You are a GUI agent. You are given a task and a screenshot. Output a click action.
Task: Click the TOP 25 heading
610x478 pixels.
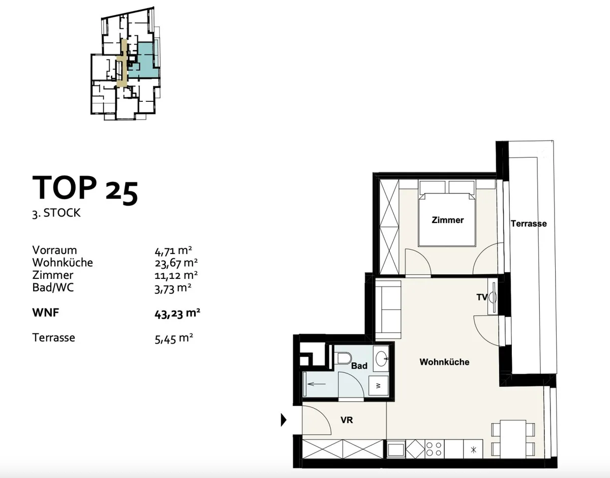(x=85, y=189)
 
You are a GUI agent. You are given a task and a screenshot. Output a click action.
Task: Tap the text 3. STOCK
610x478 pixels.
(x=56, y=213)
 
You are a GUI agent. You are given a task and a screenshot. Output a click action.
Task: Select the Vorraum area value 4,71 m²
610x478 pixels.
(x=173, y=250)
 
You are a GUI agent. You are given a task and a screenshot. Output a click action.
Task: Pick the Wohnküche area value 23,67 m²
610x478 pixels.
(x=176, y=263)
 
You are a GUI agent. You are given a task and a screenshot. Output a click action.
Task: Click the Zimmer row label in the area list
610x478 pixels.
(x=53, y=275)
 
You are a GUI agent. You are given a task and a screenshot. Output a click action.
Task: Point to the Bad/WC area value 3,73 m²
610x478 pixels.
(x=173, y=288)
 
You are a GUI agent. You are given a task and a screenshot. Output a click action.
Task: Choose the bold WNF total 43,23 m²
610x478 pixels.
(x=177, y=313)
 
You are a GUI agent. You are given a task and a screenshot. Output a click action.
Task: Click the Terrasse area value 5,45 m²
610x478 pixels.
(x=174, y=339)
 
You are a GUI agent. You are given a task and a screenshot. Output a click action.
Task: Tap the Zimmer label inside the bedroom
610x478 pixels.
(x=447, y=220)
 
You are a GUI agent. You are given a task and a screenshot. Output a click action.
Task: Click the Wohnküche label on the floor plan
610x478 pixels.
(x=444, y=362)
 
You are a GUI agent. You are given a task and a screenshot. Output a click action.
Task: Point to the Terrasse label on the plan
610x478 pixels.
(x=529, y=223)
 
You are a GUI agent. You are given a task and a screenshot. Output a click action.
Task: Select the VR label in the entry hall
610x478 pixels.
(x=347, y=420)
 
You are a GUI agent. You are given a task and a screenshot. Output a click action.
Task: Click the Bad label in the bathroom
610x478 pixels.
(x=359, y=365)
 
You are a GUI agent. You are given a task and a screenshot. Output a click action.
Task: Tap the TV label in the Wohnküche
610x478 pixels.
(x=482, y=297)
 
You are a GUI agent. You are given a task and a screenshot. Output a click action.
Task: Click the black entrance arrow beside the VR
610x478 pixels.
(x=284, y=420)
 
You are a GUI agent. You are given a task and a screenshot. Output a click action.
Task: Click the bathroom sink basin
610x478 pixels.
(x=381, y=359)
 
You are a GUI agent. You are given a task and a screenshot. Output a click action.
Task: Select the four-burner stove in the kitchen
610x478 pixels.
(x=434, y=449)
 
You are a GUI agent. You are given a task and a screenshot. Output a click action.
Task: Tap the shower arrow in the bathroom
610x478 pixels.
(x=316, y=384)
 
